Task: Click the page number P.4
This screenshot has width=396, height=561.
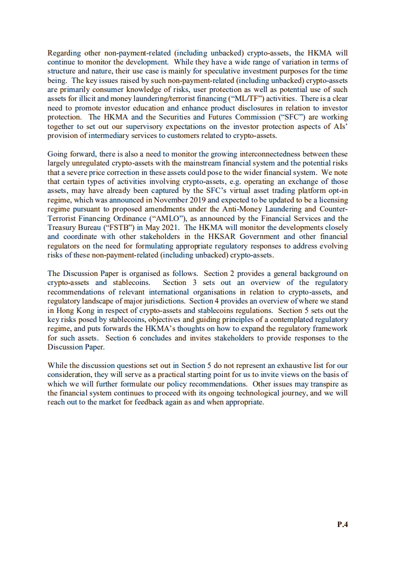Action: coord(342,524)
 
